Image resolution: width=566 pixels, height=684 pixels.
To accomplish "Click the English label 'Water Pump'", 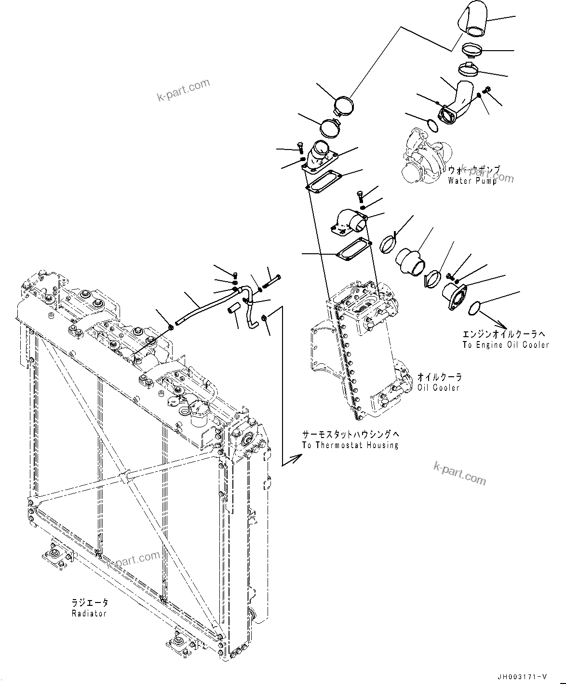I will click(x=472, y=181).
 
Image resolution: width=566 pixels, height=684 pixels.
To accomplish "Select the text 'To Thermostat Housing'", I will click(x=350, y=445).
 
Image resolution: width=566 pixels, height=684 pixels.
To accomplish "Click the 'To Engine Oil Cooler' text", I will click(x=505, y=344).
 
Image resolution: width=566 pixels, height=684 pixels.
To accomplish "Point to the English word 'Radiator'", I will click(x=89, y=613).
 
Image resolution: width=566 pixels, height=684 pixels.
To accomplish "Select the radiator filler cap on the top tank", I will click(x=199, y=409).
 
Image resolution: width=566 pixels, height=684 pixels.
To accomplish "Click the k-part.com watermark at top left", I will click(x=184, y=91).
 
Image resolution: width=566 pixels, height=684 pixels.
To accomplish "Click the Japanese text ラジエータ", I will click(x=90, y=602).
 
